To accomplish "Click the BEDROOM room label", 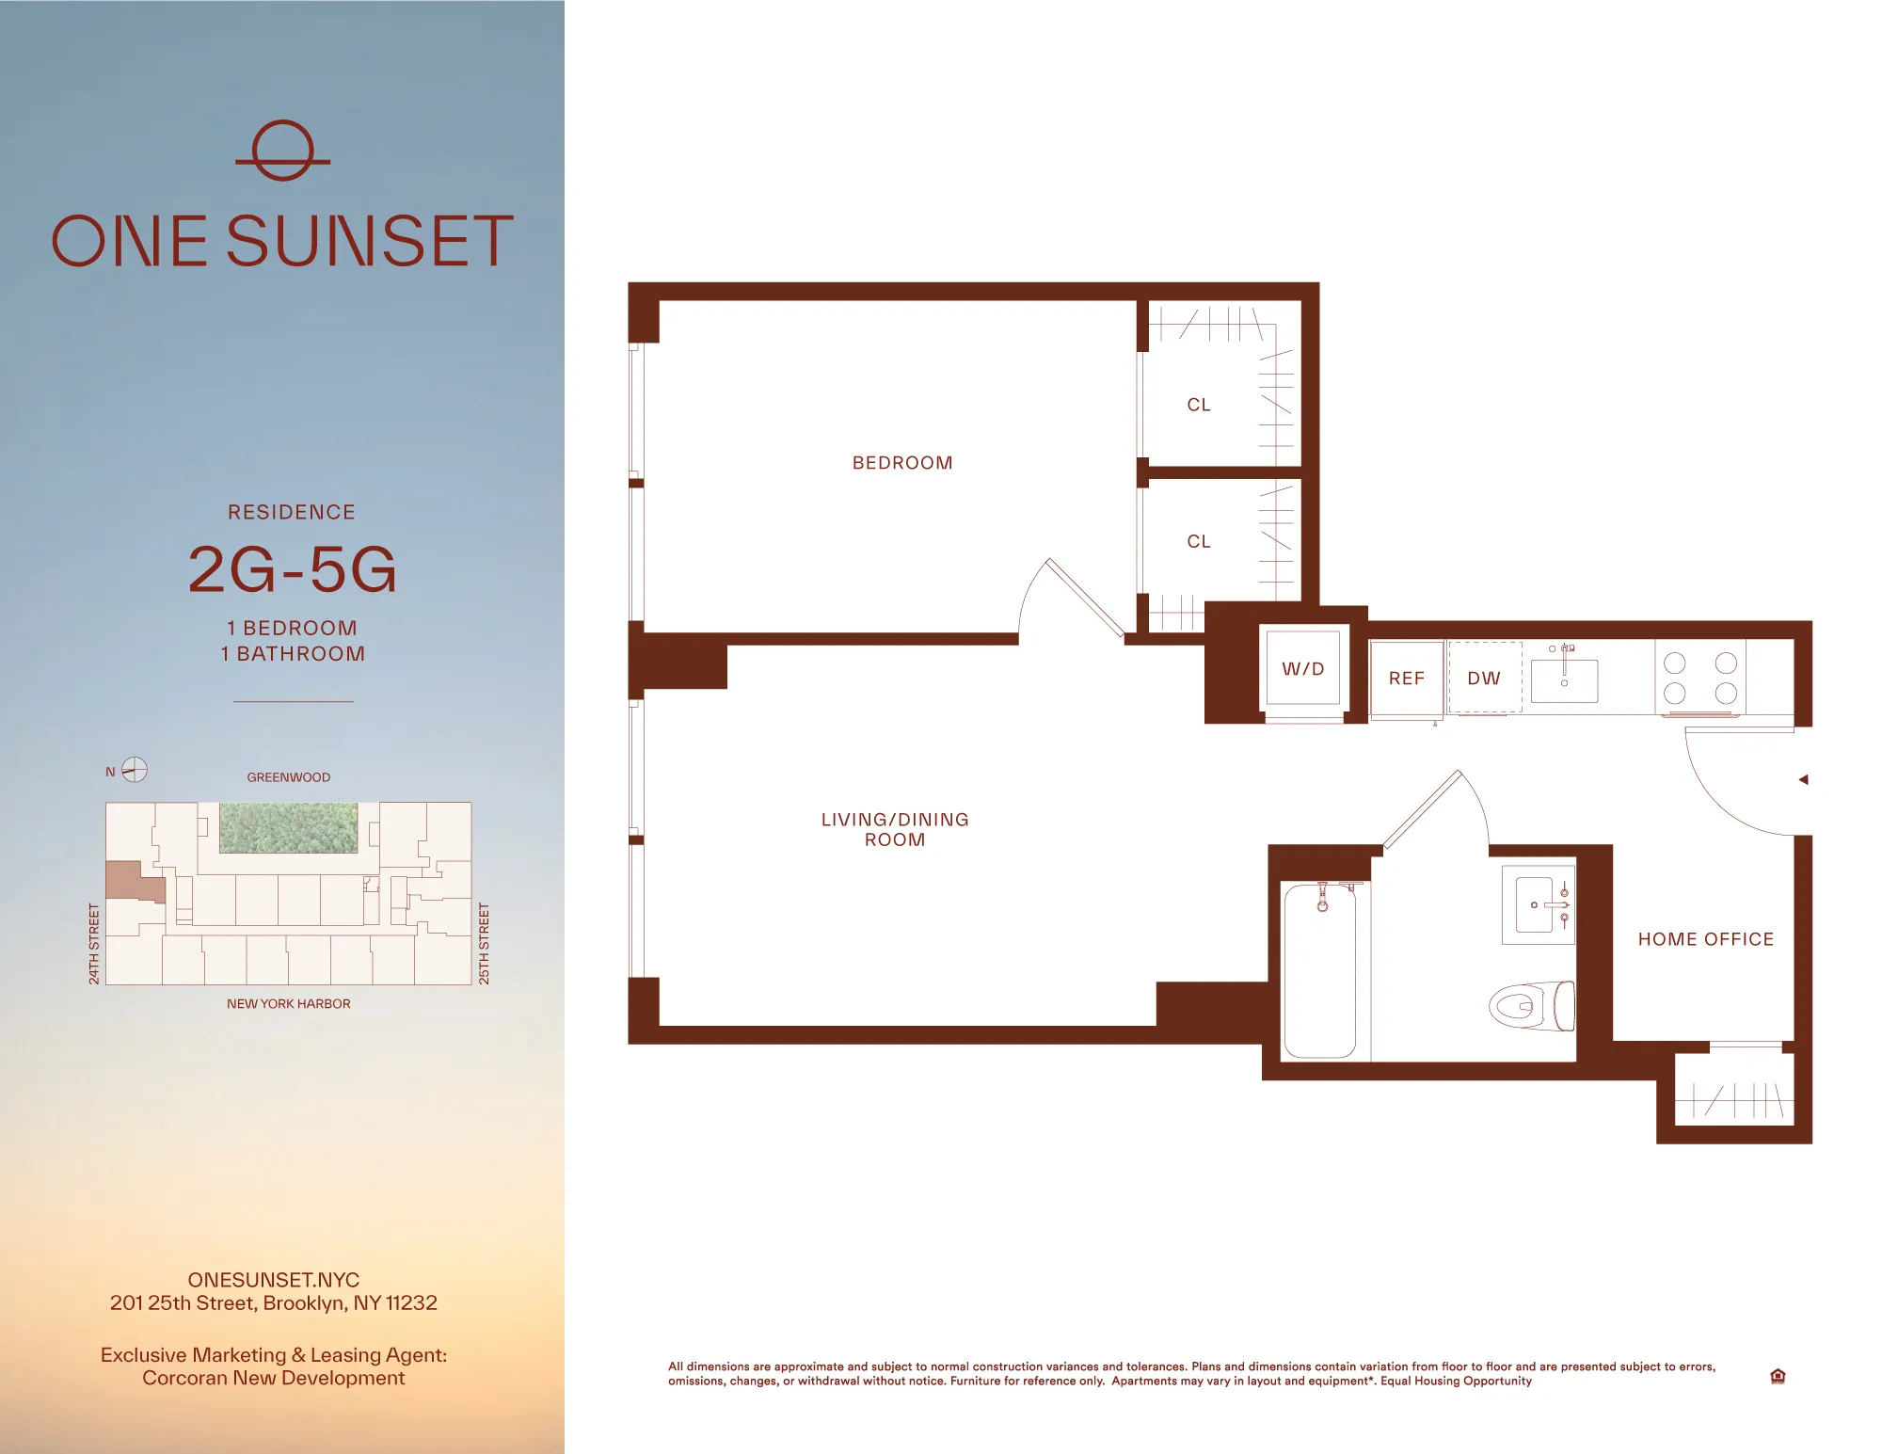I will pyautogui.click(x=902, y=463).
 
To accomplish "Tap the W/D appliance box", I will pyautogui.click(x=1302, y=669).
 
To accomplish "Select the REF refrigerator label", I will pyautogui.click(x=1406, y=679).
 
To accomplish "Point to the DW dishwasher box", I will pyautogui.click(x=1484, y=679).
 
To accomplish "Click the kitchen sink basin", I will pyautogui.click(x=1564, y=681).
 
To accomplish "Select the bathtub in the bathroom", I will pyautogui.click(x=1319, y=969).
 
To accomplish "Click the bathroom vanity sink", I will pyautogui.click(x=1536, y=905).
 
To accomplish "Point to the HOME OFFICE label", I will pyautogui.click(x=1705, y=939).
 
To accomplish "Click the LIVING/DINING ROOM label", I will pyautogui.click(x=895, y=829).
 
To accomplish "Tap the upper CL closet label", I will pyautogui.click(x=1198, y=405).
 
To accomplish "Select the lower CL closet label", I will pyautogui.click(x=1198, y=541).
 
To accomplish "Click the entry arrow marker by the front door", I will pyautogui.click(x=1803, y=779).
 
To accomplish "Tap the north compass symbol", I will pyautogui.click(x=135, y=770).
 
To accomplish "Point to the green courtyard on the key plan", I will pyautogui.click(x=288, y=827).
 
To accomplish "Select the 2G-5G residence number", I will pyautogui.click(x=293, y=569).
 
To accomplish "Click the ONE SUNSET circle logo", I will pyautogui.click(x=282, y=151).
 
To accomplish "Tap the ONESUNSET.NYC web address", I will pyautogui.click(x=273, y=1280).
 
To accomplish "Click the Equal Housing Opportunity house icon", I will pyautogui.click(x=1777, y=1376).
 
